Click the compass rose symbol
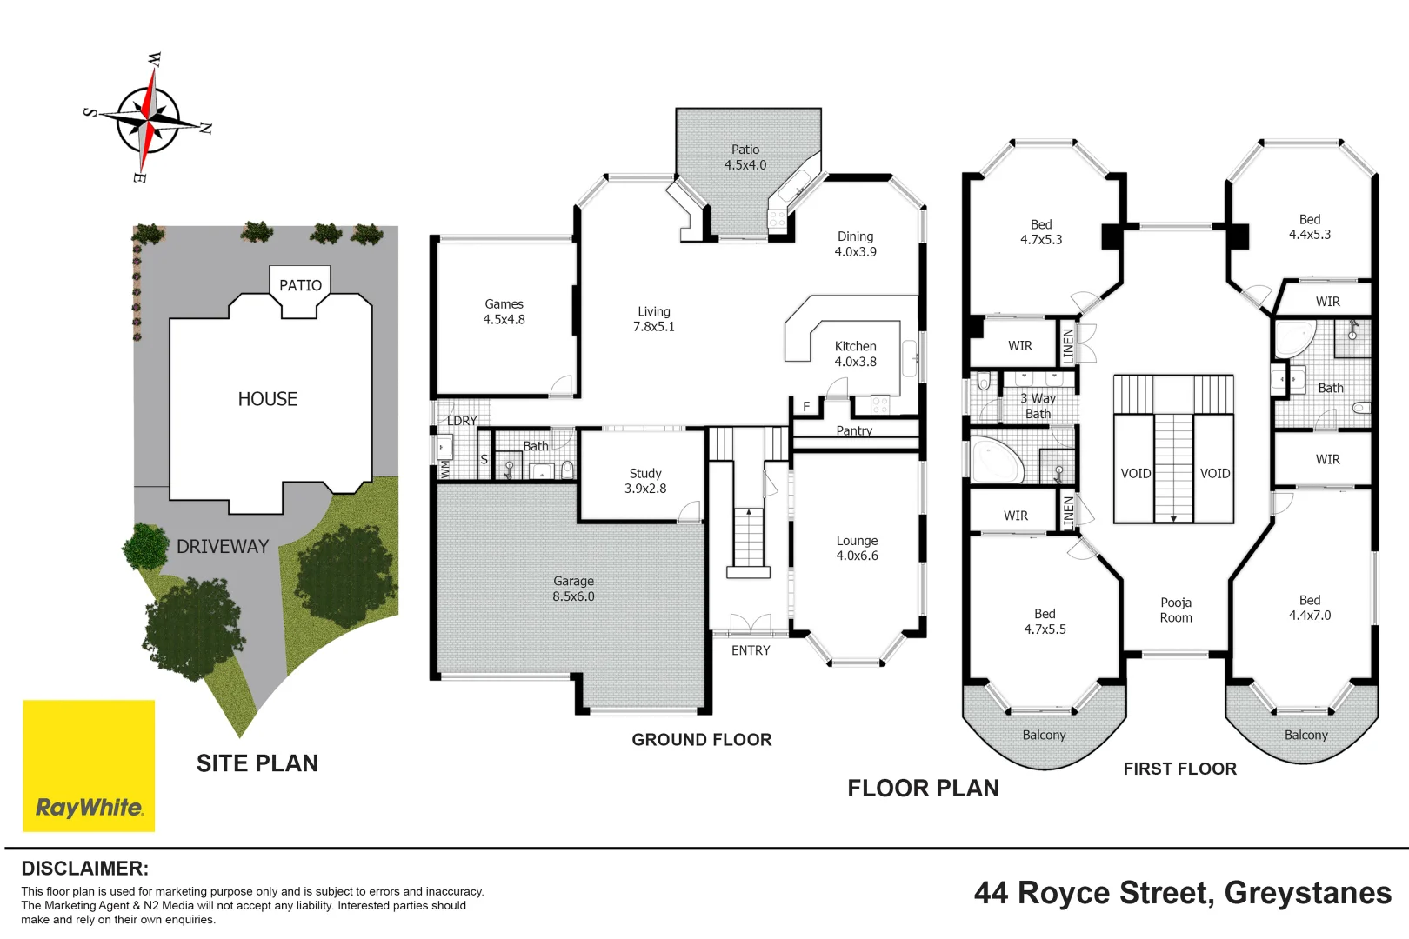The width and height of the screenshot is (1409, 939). tap(149, 119)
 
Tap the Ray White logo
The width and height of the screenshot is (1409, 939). tap(89, 766)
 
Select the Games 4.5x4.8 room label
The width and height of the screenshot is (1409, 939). tap(504, 312)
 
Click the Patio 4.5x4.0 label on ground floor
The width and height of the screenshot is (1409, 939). tap(745, 157)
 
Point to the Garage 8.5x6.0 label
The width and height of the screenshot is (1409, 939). tap(573, 589)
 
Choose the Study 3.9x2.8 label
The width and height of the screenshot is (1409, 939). tap(645, 481)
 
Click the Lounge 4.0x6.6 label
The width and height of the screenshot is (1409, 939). tap(857, 548)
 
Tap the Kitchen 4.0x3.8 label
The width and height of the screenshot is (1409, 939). tap(855, 354)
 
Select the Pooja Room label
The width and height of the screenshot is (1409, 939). tap(1176, 609)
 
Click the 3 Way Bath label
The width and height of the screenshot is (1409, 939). tap(1038, 406)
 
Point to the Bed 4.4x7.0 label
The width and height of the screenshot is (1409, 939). tap(1309, 608)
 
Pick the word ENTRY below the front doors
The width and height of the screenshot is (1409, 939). tap(751, 650)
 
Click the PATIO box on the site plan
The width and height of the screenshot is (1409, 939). tap(300, 285)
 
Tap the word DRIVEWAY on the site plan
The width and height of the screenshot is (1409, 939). tap(223, 547)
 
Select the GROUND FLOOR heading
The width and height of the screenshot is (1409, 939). tap(701, 740)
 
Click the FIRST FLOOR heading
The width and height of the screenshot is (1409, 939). tap(1179, 769)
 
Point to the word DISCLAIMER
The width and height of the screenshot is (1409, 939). tap(84, 869)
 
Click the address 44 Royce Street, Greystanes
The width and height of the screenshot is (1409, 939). tap(1182, 893)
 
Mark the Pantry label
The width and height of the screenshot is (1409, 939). tap(853, 430)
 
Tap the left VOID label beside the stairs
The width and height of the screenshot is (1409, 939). tap(1135, 474)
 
